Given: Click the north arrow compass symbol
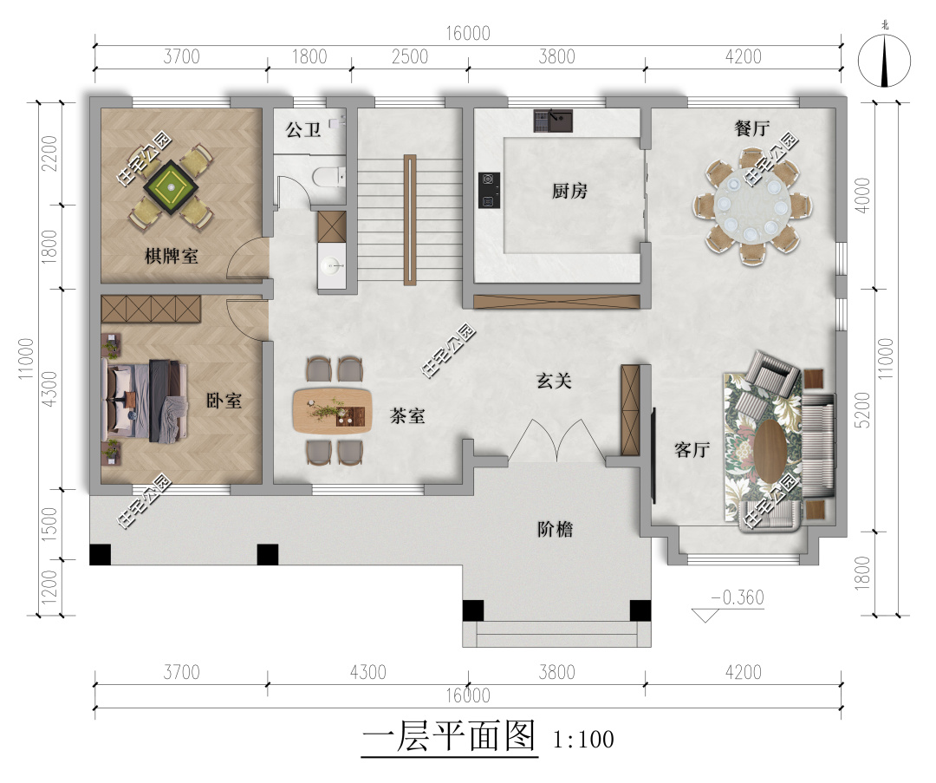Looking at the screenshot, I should click(x=884, y=61).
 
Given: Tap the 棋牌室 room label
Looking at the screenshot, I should click(x=172, y=256).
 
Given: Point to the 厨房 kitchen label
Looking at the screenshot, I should click(x=569, y=191).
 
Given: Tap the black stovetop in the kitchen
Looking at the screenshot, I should click(x=488, y=191).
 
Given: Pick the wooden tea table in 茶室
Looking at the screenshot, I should click(x=331, y=410).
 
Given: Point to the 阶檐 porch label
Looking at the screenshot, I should click(x=554, y=529).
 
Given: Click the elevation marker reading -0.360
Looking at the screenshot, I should click(x=736, y=597).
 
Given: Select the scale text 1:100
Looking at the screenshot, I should click(x=582, y=740).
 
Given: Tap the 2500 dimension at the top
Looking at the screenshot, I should click(x=409, y=57).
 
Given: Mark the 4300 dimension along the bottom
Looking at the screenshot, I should click(x=367, y=672).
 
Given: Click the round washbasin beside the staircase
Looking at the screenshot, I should click(x=330, y=265).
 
